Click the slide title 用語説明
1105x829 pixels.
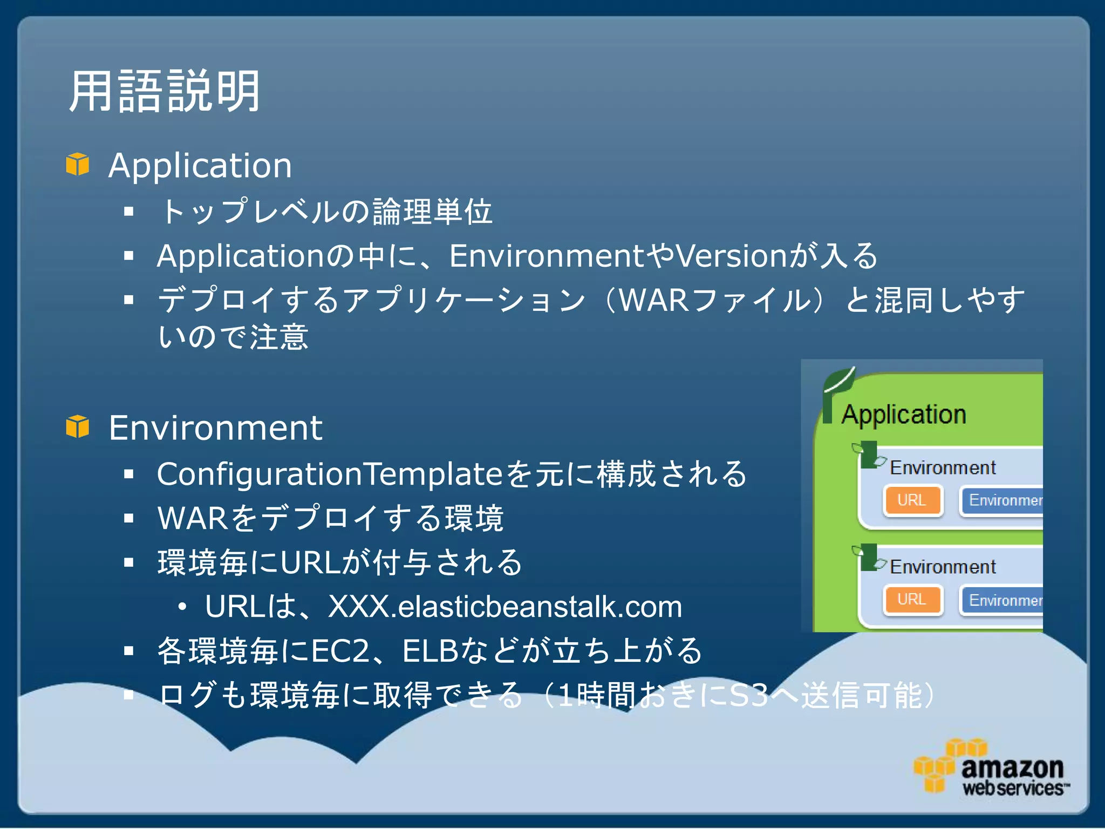coord(165,92)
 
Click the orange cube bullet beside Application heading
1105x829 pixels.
coord(78,164)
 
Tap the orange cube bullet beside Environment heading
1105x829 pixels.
coord(78,427)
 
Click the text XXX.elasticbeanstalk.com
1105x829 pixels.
coord(504,607)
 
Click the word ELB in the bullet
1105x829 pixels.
coord(430,651)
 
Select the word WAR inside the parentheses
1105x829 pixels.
coord(653,300)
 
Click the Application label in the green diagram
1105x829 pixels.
coord(904,414)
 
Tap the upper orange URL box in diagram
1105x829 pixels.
coord(912,500)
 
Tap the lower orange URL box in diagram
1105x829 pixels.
coord(912,600)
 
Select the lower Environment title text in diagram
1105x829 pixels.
coord(942,567)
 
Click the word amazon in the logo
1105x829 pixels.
coord(1012,767)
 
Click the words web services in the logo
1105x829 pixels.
coord(1013,789)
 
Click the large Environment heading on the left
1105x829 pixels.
coord(215,427)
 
